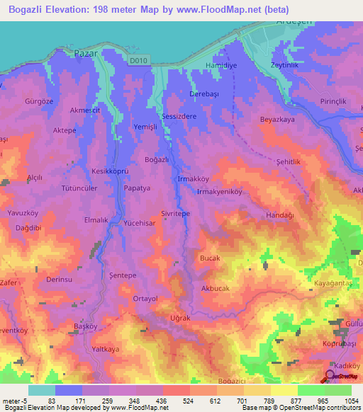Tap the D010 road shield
(x=140, y=62)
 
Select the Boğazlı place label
(x=156, y=160)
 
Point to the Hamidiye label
(x=218, y=64)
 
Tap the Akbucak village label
(x=218, y=289)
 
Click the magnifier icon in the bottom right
(x=331, y=377)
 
